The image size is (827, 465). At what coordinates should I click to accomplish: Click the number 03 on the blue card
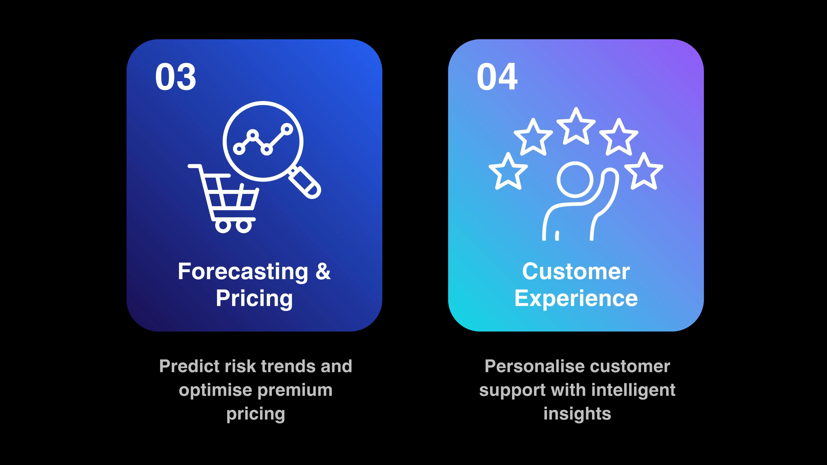(176, 77)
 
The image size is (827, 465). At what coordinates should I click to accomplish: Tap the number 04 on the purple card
(497, 77)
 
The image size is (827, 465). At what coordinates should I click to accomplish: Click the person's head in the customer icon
(573, 179)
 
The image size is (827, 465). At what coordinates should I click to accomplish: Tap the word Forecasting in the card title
(243, 271)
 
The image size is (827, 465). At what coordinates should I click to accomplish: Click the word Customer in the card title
(576, 271)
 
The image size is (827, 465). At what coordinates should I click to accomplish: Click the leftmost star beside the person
(508, 172)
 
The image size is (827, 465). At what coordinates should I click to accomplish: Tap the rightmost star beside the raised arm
(644, 172)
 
